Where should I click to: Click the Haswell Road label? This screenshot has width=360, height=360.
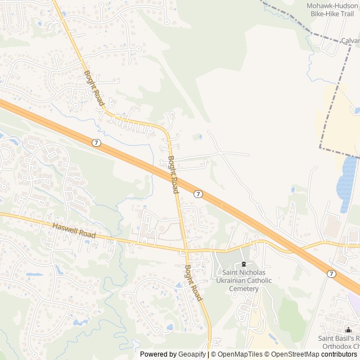[74, 230]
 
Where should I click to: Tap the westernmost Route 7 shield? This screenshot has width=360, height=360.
[97, 143]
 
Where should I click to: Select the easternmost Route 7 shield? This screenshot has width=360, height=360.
[331, 273]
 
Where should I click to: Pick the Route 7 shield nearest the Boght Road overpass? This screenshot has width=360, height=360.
[198, 193]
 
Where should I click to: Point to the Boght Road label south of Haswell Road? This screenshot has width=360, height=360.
[193, 282]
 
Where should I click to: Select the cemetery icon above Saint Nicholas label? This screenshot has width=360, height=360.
[244, 264]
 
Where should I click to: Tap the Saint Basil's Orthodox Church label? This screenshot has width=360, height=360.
[339, 342]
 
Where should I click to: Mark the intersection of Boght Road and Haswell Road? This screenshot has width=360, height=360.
[185, 249]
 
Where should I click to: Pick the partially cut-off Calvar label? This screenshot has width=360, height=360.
[350, 40]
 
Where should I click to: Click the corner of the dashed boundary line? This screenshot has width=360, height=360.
[321, 148]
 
